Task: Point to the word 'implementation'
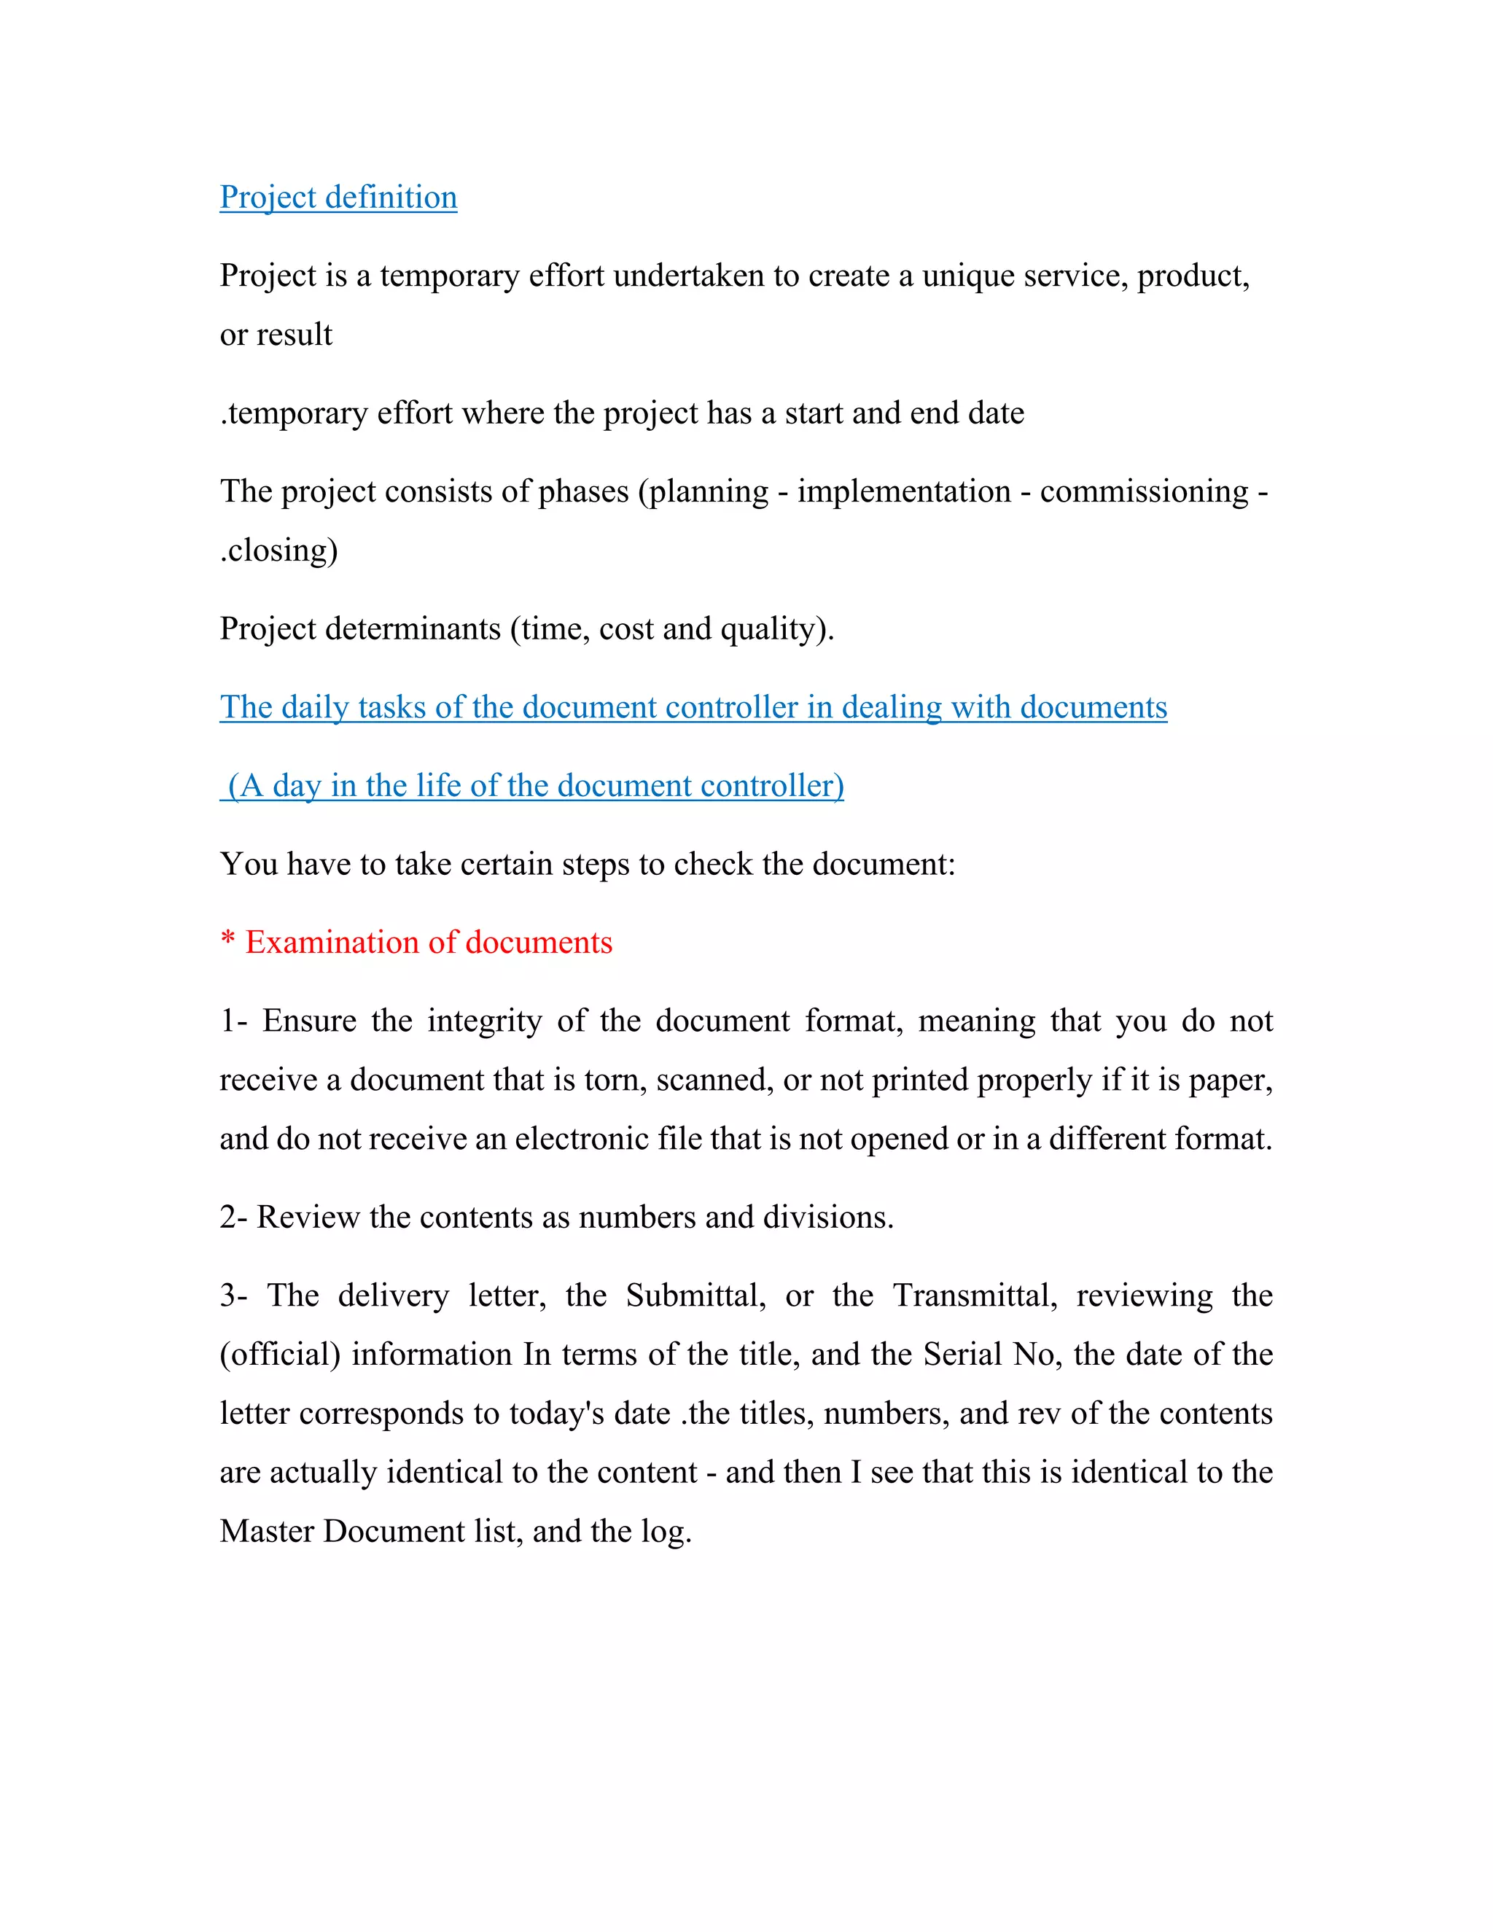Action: [903, 492]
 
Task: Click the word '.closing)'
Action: [278, 550]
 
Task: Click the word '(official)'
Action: [279, 1355]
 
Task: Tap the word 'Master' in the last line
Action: [266, 1531]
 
